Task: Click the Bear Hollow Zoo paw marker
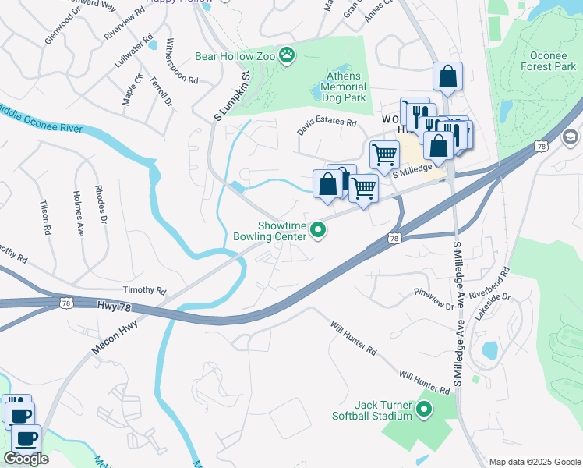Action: pos(288,55)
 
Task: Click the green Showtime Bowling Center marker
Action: pos(318,229)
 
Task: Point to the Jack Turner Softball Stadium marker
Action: pos(424,409)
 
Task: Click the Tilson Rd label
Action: pos(44,217)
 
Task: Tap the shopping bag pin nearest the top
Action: pos(447,76)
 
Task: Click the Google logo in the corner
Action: pos(26,459)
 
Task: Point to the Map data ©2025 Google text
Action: pos(534,462)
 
